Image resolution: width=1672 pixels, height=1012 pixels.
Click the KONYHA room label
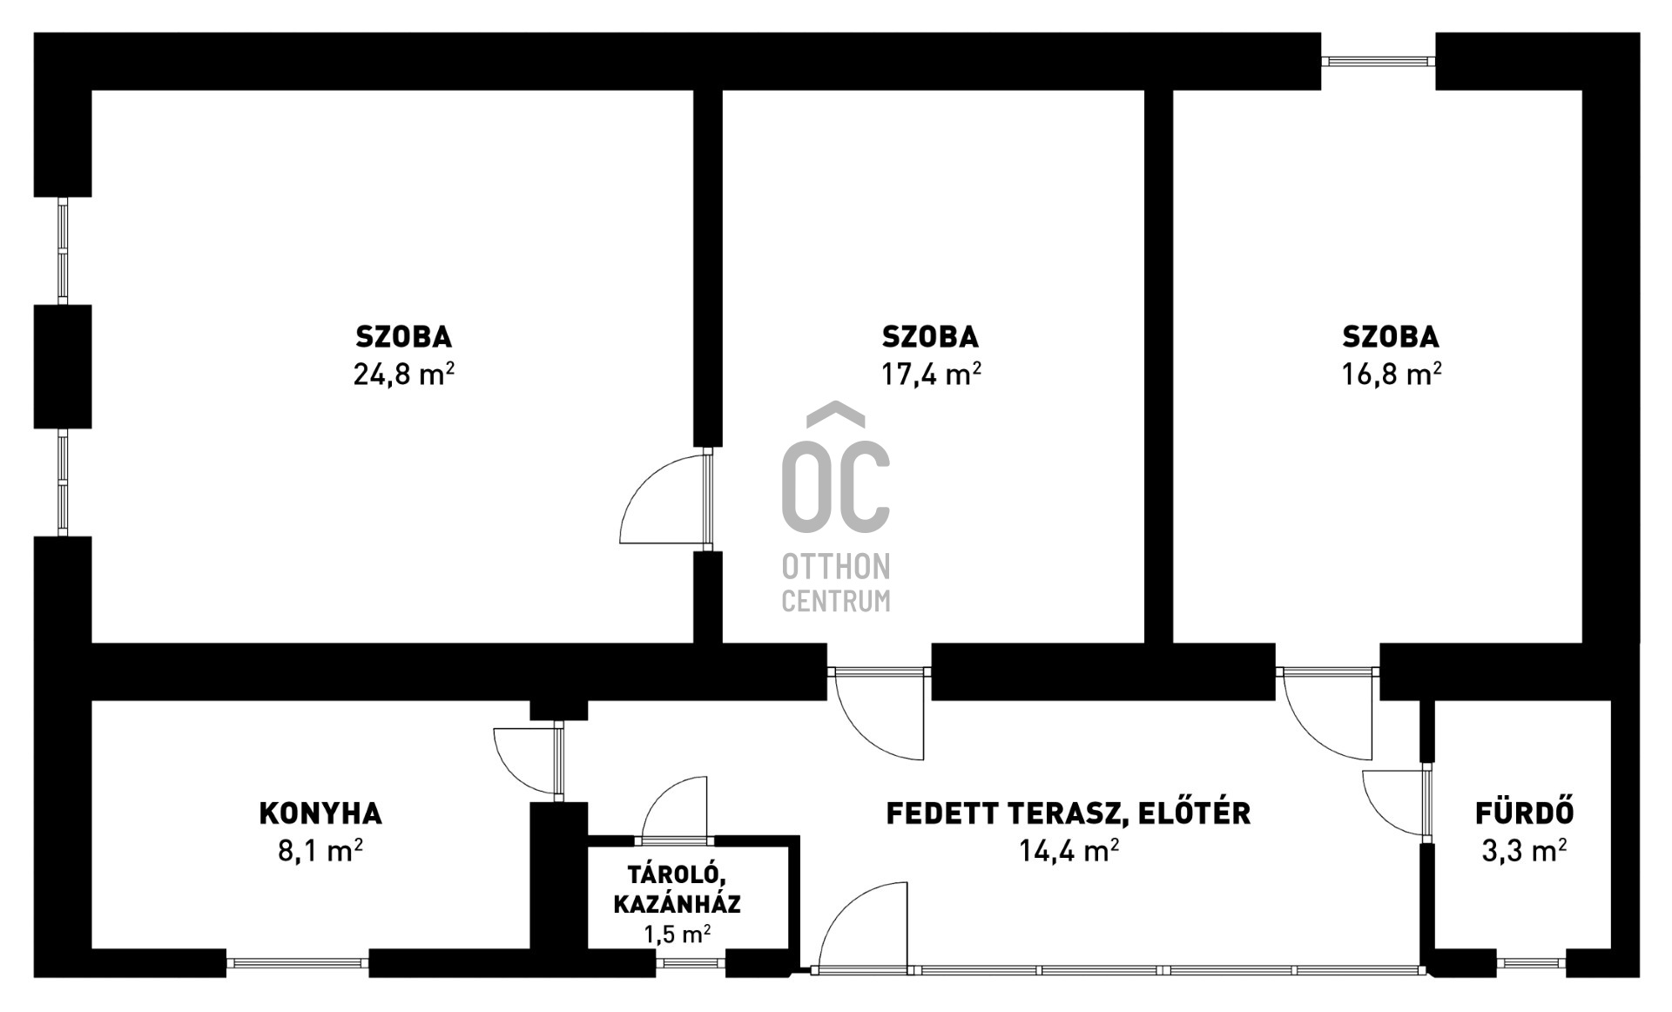point(320,813)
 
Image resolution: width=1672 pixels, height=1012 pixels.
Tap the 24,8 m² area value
point(403,374)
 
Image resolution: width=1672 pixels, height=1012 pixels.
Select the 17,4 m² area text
point(930,374)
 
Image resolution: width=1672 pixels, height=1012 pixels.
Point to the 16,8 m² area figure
point(1391,374)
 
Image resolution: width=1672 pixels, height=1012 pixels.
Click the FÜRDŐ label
point(1524,813)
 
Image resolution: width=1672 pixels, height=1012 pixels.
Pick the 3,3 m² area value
point(1524,850)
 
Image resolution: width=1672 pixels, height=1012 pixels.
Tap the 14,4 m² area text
point(1069,850)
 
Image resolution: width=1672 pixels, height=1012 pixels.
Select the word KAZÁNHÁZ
point(677,904)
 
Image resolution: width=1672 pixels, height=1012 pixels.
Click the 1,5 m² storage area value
point(677,934)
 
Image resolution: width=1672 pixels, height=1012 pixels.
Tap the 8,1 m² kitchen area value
point(320,850)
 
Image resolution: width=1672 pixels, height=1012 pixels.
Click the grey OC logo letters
point(835,488)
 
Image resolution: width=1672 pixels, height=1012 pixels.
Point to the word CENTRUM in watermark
point(835,601)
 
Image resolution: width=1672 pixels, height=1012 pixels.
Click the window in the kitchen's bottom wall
point(297,963)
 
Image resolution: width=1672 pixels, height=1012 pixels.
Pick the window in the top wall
point(1378,61)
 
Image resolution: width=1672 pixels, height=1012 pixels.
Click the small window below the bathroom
point(1531,963)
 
